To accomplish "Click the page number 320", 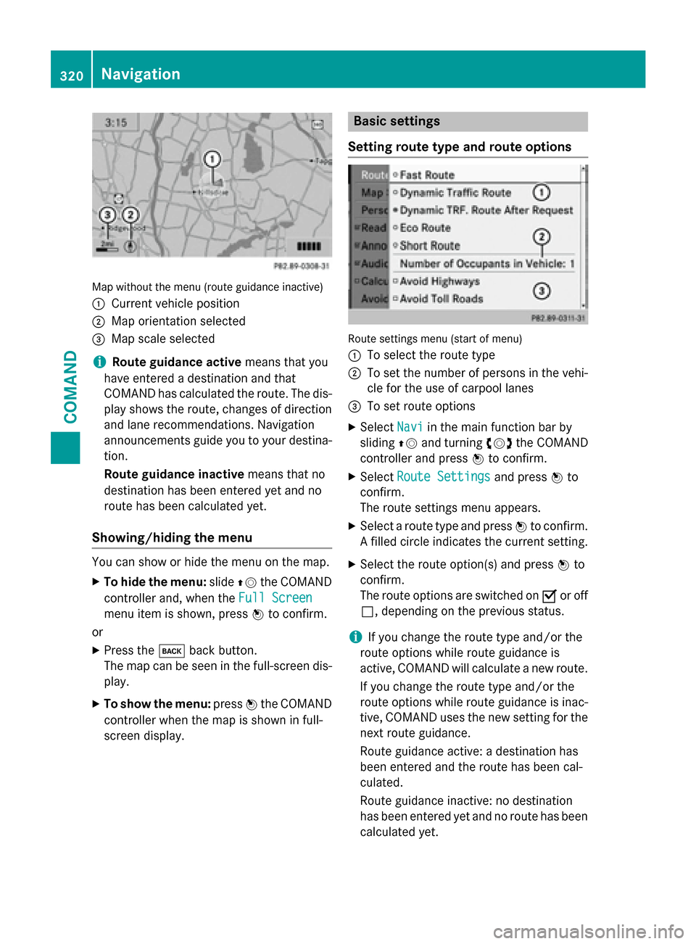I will pos(72,75).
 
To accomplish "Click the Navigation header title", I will pos(141,74).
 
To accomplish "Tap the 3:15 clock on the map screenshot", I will pos(116,123).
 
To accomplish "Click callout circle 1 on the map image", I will pos(212,159).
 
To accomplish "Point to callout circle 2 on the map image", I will pos(130,215).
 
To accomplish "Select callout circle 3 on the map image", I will pos(107,215).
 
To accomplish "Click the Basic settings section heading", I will pos(397,121).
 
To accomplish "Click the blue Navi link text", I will pos(410,427).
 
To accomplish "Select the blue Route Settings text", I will pos(444,476).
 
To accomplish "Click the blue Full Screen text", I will pos(275,597).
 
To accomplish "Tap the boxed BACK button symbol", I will pos(172,650).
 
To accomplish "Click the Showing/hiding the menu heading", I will pos(172,537).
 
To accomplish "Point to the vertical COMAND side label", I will pos(71,386).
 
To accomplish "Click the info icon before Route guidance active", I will pos(99,362).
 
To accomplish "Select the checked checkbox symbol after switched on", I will pos(549,596).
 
